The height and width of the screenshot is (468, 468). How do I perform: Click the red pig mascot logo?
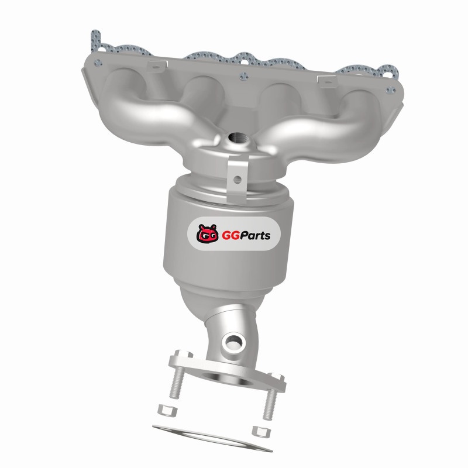[x=207, y=233]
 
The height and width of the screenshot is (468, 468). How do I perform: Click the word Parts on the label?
[x=254, y=236]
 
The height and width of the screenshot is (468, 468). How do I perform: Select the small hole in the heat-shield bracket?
[x=238, y=180]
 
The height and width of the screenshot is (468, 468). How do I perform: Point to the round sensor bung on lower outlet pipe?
[x=233, y=342]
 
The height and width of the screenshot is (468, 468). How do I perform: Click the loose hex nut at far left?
[x=167, y=411]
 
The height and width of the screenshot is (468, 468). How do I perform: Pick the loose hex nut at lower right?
[x=261, y=432]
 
